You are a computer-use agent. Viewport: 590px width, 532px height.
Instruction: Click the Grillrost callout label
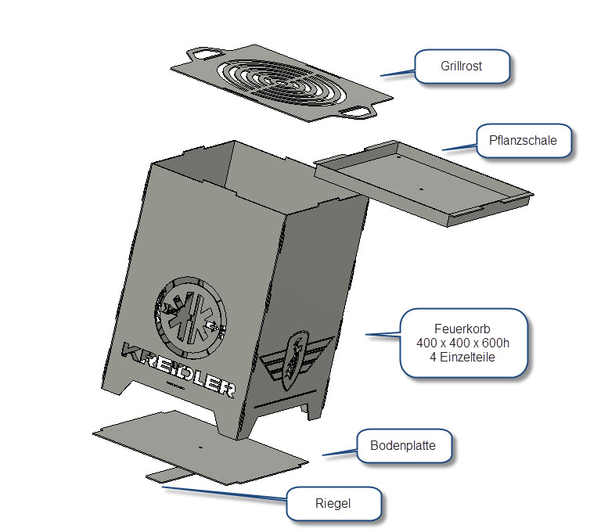pos(461,66)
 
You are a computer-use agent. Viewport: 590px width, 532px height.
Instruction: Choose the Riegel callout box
pos(334,504)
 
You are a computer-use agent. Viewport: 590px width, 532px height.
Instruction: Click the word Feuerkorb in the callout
pos(462,329)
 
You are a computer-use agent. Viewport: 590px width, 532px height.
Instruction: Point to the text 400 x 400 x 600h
pos(462,343)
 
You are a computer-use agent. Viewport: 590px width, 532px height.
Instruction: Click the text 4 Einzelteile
pos(462,358)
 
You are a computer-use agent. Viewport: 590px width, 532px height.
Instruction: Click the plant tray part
pos(423,180)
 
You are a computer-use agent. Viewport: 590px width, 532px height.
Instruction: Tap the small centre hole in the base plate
pos(200,448)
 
